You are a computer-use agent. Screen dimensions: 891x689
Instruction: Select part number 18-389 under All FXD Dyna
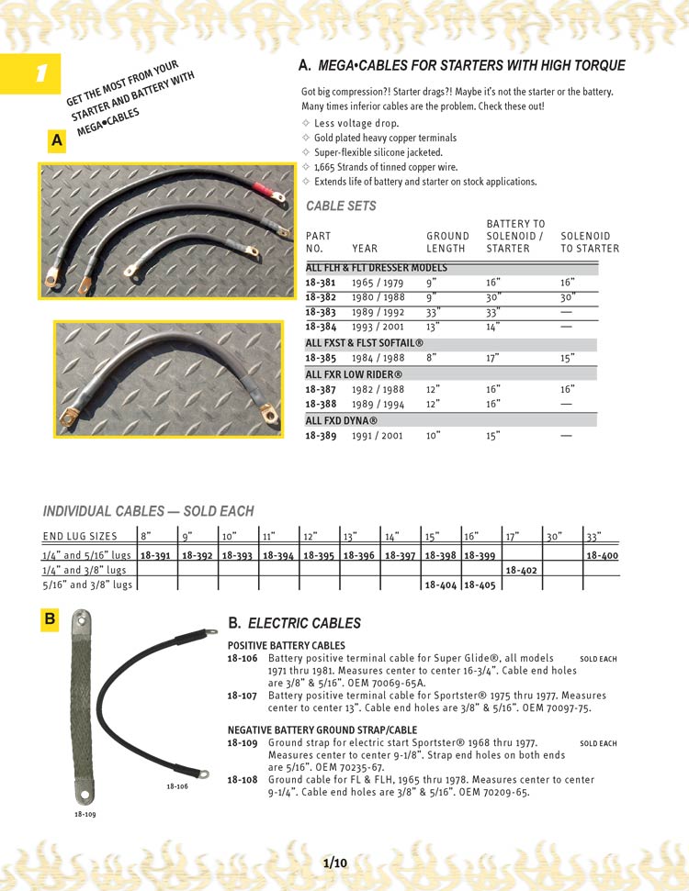click(320, 436)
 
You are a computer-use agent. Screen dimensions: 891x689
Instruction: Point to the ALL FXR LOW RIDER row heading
click(342, 374)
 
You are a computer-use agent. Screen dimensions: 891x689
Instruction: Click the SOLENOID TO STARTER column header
click(590, 242)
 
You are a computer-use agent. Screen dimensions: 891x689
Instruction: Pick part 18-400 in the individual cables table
click(602, 555)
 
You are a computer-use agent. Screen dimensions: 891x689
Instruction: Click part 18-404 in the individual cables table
click(440, 585)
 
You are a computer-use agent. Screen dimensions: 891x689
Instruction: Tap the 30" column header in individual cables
click(553, 536)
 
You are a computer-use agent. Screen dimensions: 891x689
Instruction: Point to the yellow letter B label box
click(50, 620)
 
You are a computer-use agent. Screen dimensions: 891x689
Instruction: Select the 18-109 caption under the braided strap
click(85, 814)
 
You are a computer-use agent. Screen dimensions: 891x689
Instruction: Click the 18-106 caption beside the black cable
click(177, 786)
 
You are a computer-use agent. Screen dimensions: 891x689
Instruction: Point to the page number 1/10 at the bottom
click(335, 863)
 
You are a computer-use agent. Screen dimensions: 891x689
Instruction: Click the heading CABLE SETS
click(341, 206)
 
